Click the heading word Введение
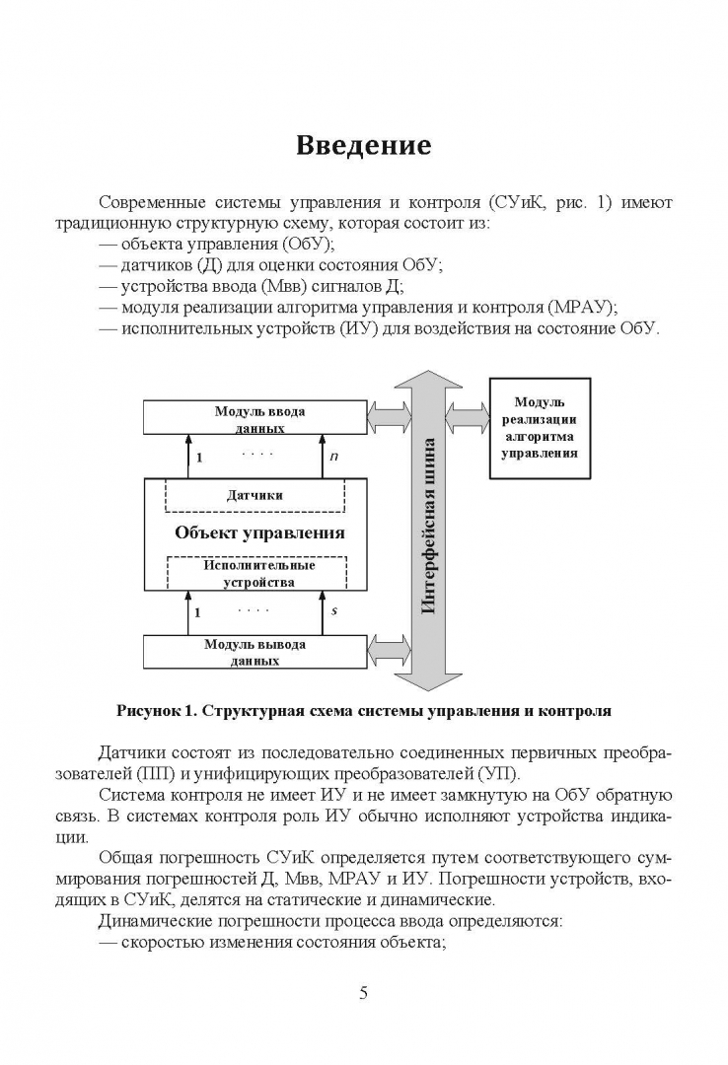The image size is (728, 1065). pyautogui.click(x=364, y=146)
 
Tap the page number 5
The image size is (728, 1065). pyautogui.click(x=364, y=993)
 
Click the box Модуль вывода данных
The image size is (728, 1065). pyautogui.click(x=255, y=652)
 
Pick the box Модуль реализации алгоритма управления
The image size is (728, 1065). pyautogui.click(x=540, y=428)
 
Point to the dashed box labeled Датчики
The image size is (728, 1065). pyautogui.click(x=255, y=495)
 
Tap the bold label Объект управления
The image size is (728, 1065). pyautogui.click(x=259, y=532)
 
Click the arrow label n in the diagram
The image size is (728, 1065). pyautogui.click(x=334, y=457)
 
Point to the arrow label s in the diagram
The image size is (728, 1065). pyautogui.click(x=334, y=611)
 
